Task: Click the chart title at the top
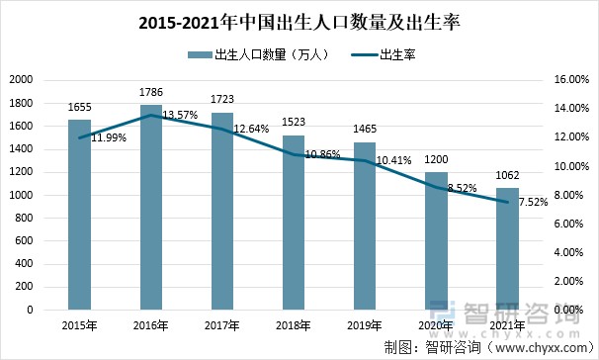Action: coord(300,21)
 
